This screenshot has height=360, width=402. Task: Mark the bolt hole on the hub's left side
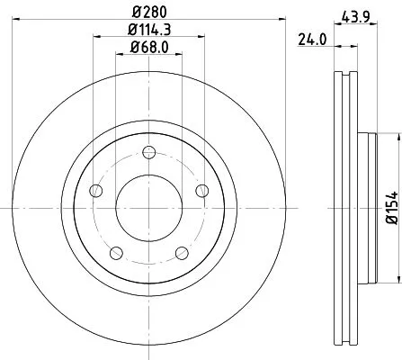tap(94, 190)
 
